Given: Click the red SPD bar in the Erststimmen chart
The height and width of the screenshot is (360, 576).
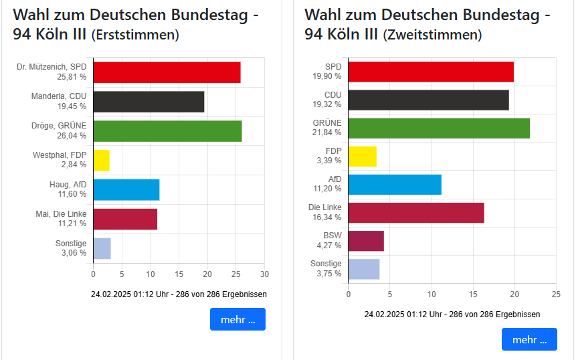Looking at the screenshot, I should pos(167,72).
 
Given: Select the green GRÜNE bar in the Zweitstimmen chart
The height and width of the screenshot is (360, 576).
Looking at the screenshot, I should pos(439,128).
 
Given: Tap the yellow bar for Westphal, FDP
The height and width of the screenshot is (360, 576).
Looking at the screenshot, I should pos(101,160).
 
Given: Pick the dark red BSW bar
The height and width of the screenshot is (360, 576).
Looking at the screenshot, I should pos(366,240).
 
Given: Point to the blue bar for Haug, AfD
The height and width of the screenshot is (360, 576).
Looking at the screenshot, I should pos(126,190).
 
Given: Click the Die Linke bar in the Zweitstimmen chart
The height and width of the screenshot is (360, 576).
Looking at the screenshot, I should pos(416,213).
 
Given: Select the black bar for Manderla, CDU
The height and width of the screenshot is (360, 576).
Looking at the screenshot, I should pos(149,102).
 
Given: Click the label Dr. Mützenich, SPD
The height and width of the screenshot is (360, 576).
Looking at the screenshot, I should pos(52,67).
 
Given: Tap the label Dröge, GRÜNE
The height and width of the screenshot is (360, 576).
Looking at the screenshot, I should pos(59,126).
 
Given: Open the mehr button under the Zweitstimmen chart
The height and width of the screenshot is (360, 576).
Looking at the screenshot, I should pos(529,339).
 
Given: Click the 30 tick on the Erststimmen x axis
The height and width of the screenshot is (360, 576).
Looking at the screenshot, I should pos(264,274).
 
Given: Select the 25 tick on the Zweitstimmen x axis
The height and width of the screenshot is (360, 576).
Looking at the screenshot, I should pos(555,294).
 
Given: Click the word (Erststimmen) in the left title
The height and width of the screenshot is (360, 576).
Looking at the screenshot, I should pos(134,35).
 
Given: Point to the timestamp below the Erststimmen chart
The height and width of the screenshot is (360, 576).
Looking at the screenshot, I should pos(179,294).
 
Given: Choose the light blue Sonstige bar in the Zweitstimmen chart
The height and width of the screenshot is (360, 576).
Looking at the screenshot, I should pos(364,269).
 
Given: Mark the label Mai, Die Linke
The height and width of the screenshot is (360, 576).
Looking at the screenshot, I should pos(61,214).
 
